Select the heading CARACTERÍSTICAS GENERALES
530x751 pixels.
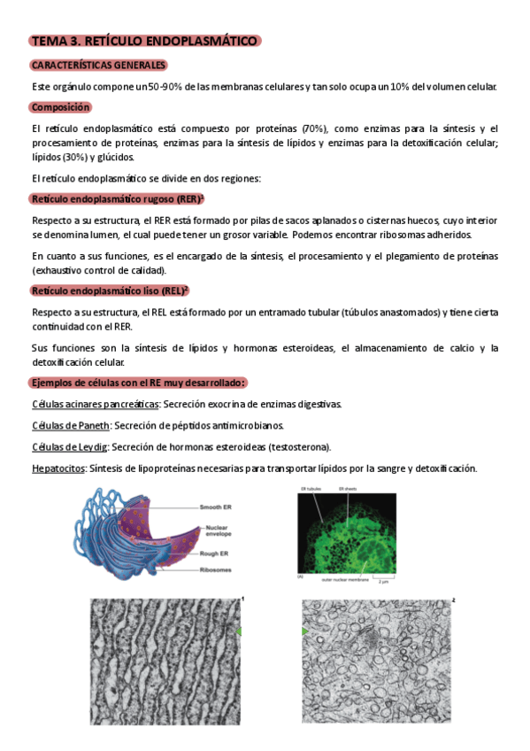(97, 66)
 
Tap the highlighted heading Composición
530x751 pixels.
(60, 107)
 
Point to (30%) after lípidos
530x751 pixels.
(73, 158)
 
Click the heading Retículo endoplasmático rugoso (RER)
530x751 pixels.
(116, 199)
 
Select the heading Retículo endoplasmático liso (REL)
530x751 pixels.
(109, 290)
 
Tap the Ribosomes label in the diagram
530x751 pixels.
(216, 569)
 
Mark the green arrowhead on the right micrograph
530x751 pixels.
(305, 631)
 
